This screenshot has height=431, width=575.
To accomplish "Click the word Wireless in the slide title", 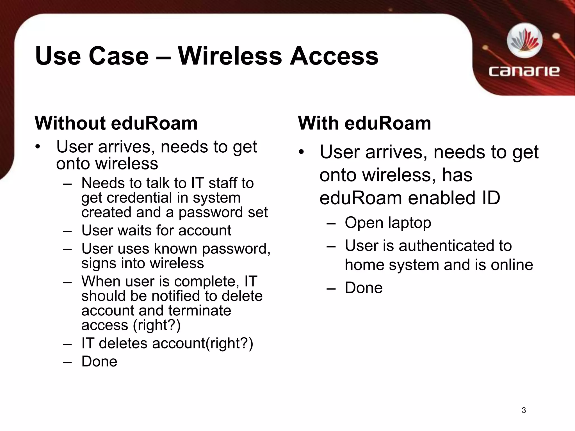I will click(230, 56).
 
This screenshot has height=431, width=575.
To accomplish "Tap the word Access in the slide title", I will click(334, 56).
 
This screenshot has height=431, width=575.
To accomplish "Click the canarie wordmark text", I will click(524, 71).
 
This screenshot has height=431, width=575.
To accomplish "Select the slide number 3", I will click(524, 411).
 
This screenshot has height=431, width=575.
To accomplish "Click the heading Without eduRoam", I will click(116, 123).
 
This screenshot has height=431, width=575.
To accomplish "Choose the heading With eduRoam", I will click(364, 123).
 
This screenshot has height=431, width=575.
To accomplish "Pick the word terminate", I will click(200, 311).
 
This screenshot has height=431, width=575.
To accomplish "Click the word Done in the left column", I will click(99, 361).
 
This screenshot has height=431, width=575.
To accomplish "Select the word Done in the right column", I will click(364, 288).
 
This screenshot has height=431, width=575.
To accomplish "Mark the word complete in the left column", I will click(205, 282).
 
